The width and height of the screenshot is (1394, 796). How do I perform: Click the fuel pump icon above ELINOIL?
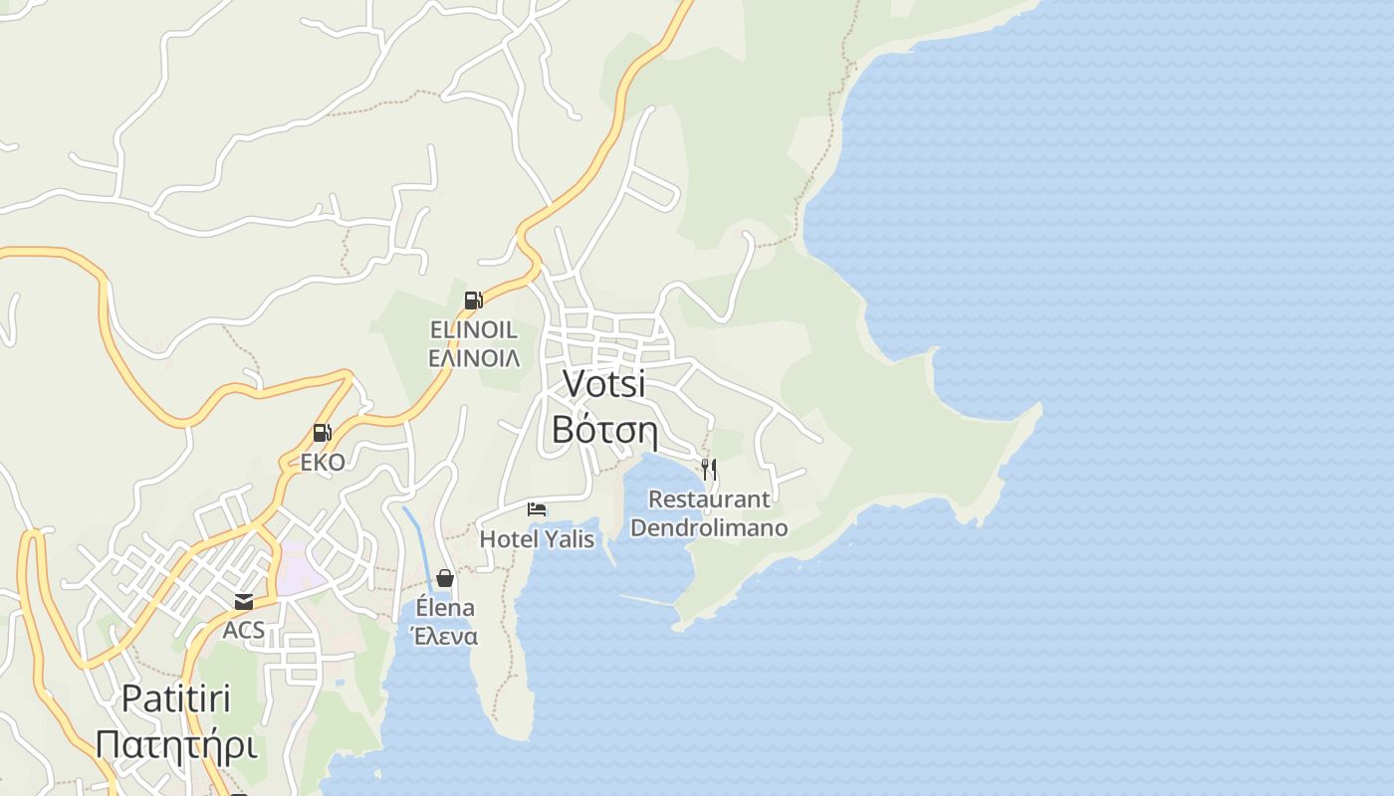point(474,299)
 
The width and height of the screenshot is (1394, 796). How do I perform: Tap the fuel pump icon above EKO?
point(322,433)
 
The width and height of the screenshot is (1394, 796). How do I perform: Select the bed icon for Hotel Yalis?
point(537,509)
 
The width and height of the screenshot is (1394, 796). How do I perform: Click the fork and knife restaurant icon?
point(709,469)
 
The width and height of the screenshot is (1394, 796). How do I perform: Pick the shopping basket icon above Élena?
point(445,578)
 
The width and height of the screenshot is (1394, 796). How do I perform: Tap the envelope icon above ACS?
point(244,601)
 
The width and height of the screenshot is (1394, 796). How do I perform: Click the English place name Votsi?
point(603,384)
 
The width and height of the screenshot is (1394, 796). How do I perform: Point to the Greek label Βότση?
point(603,429)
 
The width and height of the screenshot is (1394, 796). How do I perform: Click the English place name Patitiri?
point(176,698)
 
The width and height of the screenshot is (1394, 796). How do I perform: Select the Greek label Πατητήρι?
point(176,744)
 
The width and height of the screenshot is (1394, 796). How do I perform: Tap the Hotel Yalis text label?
point(537,539)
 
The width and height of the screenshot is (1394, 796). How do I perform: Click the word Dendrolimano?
point(709,528)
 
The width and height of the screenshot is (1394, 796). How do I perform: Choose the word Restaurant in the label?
point(709,499)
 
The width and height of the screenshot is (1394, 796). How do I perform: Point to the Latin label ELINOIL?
point(474,329)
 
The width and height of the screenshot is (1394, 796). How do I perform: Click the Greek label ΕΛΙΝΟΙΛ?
point(474,358)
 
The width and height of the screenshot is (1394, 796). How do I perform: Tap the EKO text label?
point(323,463)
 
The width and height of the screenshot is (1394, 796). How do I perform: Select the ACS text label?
point(244,630)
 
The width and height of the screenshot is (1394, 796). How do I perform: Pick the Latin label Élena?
point(445,608)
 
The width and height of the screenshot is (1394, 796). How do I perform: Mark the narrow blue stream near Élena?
point(418,537)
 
